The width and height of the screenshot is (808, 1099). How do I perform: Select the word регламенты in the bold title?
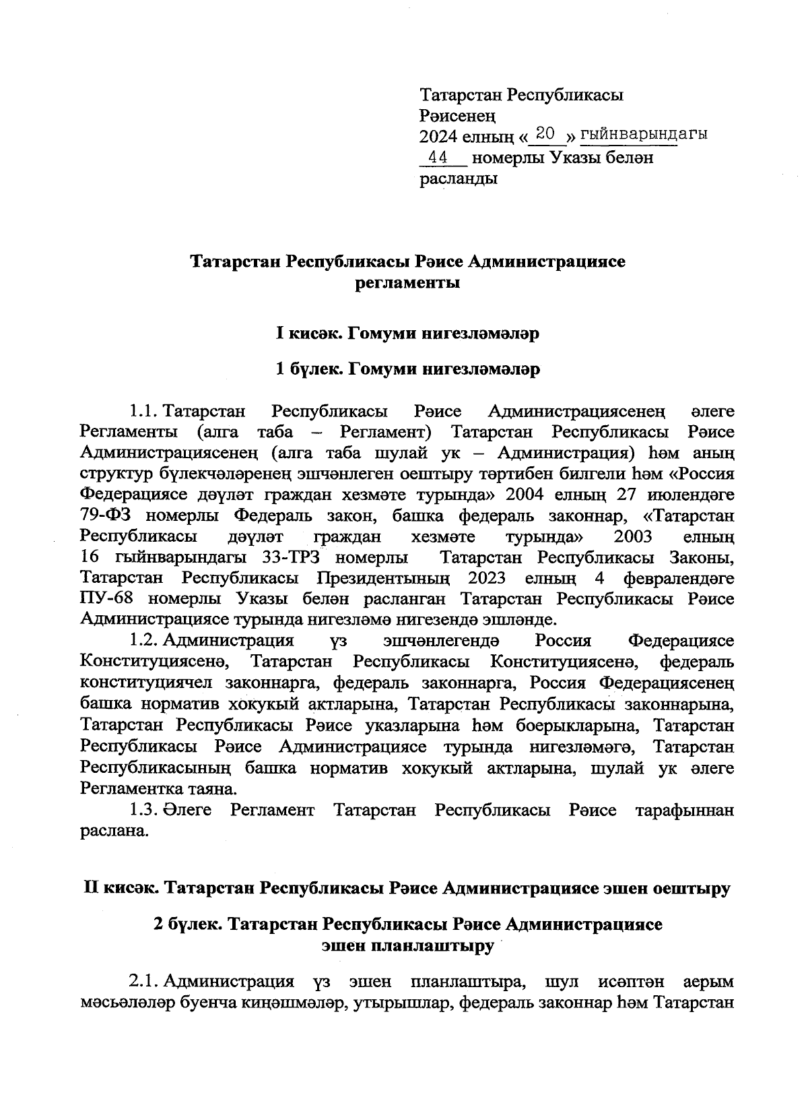pyautogui.click(x=407, y=283)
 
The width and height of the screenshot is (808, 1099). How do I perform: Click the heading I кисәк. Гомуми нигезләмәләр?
pyautogui.click(x=407, y=334)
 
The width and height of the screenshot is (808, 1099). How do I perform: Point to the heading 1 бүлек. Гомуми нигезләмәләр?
pyautogui.click(x=407, y=369)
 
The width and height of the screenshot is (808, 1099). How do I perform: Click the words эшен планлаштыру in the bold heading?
pyautogui.click(x=407, y=946)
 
